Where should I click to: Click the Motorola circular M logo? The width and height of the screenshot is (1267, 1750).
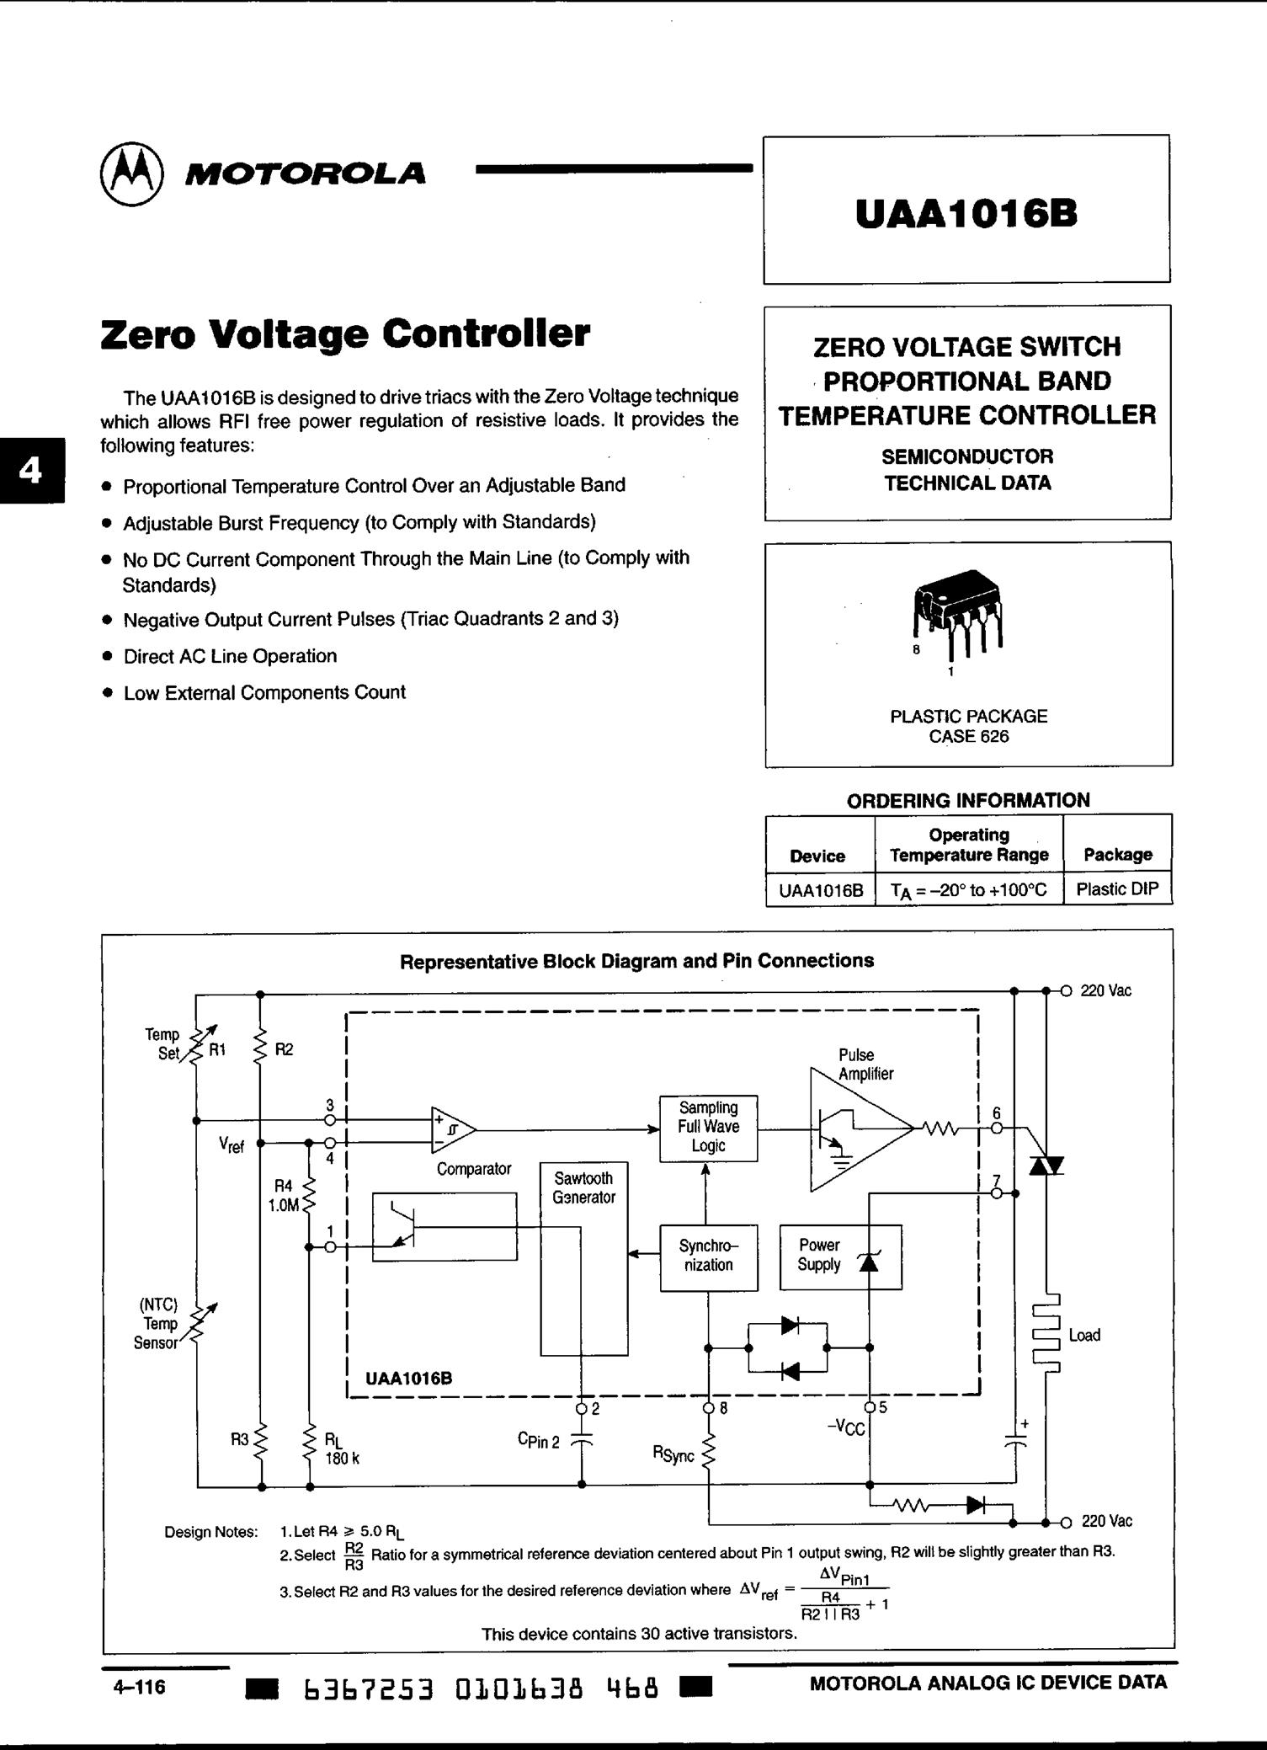click(132, 173)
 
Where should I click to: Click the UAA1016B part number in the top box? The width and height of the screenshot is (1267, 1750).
click(966, 214)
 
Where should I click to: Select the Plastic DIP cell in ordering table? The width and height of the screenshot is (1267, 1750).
click(1117, 888)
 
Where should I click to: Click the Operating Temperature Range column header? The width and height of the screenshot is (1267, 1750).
click(969, 845)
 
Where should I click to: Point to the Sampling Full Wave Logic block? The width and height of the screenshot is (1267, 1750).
click(708, 1127)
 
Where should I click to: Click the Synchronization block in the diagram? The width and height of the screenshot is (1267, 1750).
click(708, 1256)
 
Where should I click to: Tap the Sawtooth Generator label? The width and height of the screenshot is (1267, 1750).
click(583, 1187)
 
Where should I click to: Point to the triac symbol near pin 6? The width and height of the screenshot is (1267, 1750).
click(1046, 1166)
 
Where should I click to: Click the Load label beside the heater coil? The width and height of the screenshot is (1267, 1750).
click(1084, 1335)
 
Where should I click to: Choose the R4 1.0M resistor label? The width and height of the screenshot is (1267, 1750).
click(284, 1196)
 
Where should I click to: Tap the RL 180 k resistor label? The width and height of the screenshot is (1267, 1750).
click(340, 1449)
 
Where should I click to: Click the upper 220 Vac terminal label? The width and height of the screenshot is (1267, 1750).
click(1105, 991)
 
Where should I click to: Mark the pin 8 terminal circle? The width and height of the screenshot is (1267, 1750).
click(709, 1407)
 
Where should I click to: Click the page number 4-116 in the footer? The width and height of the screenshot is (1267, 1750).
click(140, 1686)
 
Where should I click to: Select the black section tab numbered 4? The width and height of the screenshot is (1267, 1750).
click(31, 471)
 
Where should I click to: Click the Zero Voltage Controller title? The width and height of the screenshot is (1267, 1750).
click(345, 333)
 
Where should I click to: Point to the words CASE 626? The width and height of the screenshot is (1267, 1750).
click(968, 736)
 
